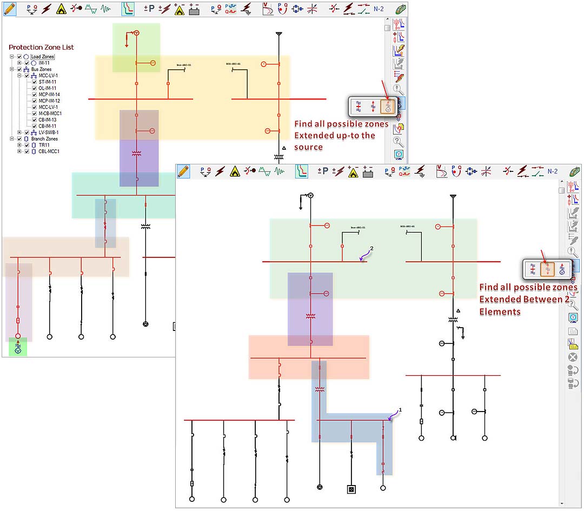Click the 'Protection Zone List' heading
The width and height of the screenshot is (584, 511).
(x=41, y=48)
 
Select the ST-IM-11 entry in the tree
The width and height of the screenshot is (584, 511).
(x=48, y=82)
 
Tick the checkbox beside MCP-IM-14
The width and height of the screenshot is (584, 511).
(x=35, y=95)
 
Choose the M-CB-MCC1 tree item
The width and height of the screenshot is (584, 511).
(x=50, y=114)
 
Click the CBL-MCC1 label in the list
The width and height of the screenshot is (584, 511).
(x=49, y=151)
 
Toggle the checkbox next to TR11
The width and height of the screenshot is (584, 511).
(x=26, y=145)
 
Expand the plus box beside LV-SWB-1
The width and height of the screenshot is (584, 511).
(x=19, y=132)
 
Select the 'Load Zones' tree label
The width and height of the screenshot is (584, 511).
(x=43, y=57)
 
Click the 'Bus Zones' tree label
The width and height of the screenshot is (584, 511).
(x=41, y=69)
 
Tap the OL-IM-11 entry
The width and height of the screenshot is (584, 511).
(x=48, y=88)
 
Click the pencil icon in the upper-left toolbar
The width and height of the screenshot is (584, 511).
(x=9, y=8)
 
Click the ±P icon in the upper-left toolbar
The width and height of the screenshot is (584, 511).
(x=149, y=8)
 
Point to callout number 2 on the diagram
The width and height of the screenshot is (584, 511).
(x=371, y=249)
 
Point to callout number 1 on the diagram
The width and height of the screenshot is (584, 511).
(x=400, y=410)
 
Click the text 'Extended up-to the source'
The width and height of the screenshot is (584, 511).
(x=335, y=141)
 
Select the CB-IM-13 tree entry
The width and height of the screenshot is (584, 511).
(x=49, y=120)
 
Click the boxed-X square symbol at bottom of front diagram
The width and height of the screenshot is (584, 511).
(x=351, y=489)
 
